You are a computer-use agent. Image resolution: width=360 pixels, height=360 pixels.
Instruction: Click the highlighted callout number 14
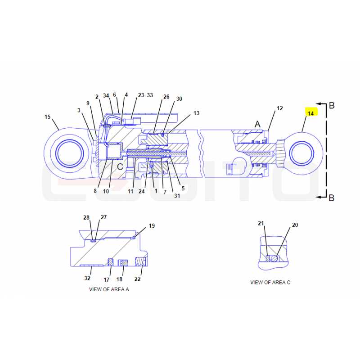tap(310, 113)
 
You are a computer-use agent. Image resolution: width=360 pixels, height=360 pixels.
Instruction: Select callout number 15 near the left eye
tap(48, 117)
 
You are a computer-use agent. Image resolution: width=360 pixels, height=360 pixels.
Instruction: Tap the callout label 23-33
tap(145, 95)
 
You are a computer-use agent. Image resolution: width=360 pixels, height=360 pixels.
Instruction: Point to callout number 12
tap(280, 108)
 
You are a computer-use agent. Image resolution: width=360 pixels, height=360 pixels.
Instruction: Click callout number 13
tap(197, 113)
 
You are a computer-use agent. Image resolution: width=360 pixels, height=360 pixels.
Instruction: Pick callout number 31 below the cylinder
tap(177, 196)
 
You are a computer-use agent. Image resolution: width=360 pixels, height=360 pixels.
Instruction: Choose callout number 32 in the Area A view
tap(87, 278)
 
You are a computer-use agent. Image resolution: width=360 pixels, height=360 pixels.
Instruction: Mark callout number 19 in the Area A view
tap(152, 226)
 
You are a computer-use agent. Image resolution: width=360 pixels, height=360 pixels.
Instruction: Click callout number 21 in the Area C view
tap(261, 223)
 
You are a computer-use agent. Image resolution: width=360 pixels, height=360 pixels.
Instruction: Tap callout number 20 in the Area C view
tap(295, 225)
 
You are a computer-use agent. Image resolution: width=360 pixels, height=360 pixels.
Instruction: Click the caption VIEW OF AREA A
tap(109, 289)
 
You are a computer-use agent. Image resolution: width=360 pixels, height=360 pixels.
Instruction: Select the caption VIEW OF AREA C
tap(270, 283)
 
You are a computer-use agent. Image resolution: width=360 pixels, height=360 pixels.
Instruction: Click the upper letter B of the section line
tap(332, 105)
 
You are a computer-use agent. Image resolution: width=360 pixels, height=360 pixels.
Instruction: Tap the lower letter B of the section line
tap(332, 198)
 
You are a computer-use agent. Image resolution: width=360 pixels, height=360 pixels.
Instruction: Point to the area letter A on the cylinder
tap(257, 124)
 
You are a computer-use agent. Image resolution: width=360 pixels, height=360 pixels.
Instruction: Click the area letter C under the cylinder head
tap(120, 167)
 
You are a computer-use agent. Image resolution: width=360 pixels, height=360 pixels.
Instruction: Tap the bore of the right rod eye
tap(301, 153)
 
